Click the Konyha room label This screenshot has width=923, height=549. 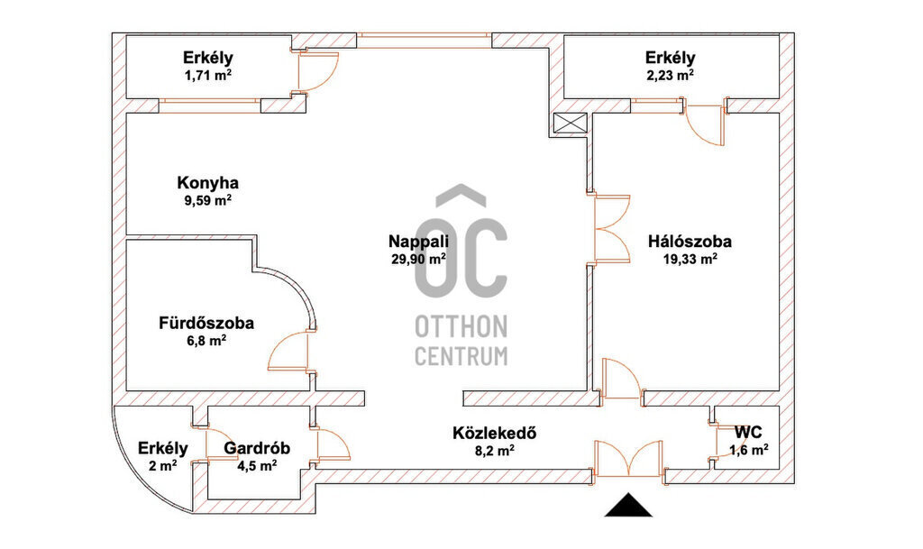tap(207, 183)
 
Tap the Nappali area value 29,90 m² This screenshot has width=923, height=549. tap(418, 259)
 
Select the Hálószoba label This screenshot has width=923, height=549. tap(690, 242)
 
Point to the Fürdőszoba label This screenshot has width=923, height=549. tap(206, 323)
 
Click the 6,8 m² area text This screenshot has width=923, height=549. tap(206, 341)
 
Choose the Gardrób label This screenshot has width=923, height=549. tap(257, 448)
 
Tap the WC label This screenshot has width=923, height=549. tap(748, 433)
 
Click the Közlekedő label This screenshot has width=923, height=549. tap(495, 433)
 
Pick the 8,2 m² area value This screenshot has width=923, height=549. tap(495, 451)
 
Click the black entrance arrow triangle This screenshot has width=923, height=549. tap(628, 506)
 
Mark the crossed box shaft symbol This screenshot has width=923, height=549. tap(571, 124)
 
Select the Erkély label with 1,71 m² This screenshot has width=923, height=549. tap(208, 58)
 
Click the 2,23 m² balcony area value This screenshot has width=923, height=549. tap(670, 76)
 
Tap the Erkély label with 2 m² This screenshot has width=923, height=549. tap(163, 448)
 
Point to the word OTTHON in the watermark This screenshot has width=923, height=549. tap(461, 326)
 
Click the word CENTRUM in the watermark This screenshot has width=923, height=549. tap(461, 356)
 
